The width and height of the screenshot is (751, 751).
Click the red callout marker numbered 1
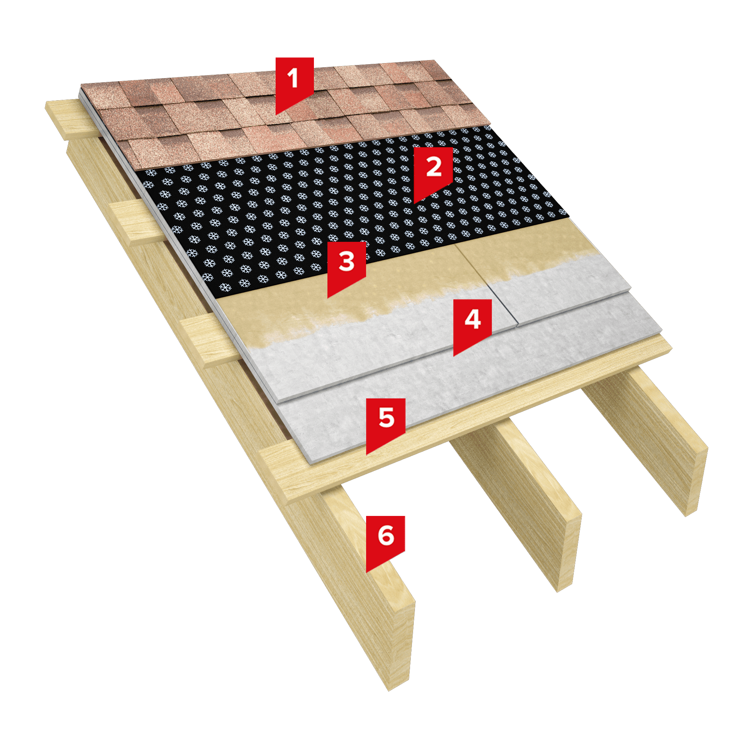294,84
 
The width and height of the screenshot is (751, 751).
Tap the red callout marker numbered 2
433,173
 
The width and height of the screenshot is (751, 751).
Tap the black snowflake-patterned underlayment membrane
350,206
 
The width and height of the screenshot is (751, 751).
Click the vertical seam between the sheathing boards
486,284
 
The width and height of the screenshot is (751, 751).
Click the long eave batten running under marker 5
466,420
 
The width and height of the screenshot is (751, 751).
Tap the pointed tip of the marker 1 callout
276,115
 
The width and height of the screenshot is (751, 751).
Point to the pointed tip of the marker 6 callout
366,573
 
